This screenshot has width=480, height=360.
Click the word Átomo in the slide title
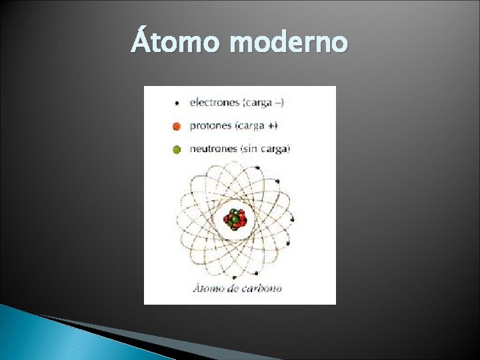coord(176,43)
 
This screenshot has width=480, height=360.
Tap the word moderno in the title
coord(288,43)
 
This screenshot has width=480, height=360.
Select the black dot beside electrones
coord(177,103)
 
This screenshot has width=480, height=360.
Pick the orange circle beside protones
coord(177,126)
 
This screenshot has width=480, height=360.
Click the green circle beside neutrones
coord(177,149)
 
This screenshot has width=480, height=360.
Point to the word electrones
coord(213,103)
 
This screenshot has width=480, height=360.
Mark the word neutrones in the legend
coord(213,149)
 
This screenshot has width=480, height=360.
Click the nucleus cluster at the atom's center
coord(235,219)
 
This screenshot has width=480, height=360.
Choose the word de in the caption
coord(233,289)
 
